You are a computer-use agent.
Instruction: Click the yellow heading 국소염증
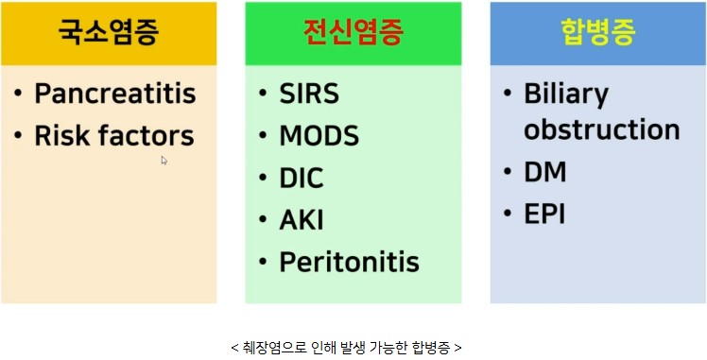[x=108, y=32]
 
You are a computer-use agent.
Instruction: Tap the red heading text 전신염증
[x=353, y=32]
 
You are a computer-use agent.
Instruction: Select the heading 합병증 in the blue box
[x=598, y=32]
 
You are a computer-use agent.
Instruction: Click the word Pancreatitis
[x=115, y=94]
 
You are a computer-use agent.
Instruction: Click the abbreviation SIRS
[x=309, y=94]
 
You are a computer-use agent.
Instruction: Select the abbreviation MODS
[x=319, y=136]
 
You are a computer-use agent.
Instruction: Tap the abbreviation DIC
[x=302, y=178]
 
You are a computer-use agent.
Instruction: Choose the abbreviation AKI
[x=302, y=220]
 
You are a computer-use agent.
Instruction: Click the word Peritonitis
[x=350, y=263]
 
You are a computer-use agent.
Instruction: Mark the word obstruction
[x=602, y=129]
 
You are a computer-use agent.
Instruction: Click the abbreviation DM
[x=545, y=172]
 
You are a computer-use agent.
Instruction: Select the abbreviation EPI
[x=544, y=214]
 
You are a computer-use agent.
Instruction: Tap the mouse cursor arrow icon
[x=164, y=161]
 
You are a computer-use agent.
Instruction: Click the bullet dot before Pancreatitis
[x=18, y=94]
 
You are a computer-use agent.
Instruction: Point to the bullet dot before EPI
[x=508, y=214]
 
